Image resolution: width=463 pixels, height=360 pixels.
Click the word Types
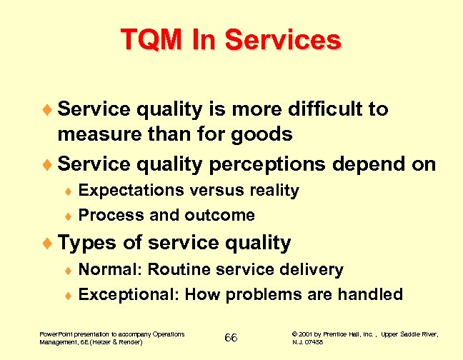(87, 243)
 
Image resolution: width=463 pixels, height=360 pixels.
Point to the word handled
(370, 294)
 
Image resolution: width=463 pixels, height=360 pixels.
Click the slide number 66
(231, 338)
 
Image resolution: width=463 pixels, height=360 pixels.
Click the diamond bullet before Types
(49, 243)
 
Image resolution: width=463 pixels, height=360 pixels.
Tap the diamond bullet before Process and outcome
(69, 216)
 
